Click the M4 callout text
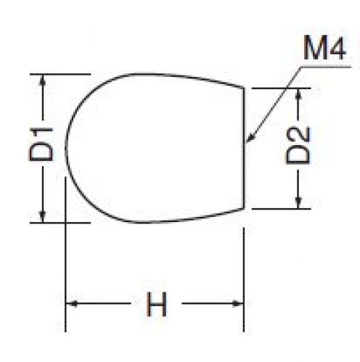click(324, 47)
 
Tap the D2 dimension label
click(298, 146)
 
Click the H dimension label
click(157, 304)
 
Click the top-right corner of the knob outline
click(244, 88)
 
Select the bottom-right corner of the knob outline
click(244, 208)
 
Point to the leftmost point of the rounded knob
click(66, 147)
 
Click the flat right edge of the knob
click(244, 148)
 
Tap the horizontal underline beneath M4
click(325, 67)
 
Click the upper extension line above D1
click(60, 74)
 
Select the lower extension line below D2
click(281, 208)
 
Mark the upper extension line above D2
click(281, 89)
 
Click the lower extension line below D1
click(60, 223)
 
